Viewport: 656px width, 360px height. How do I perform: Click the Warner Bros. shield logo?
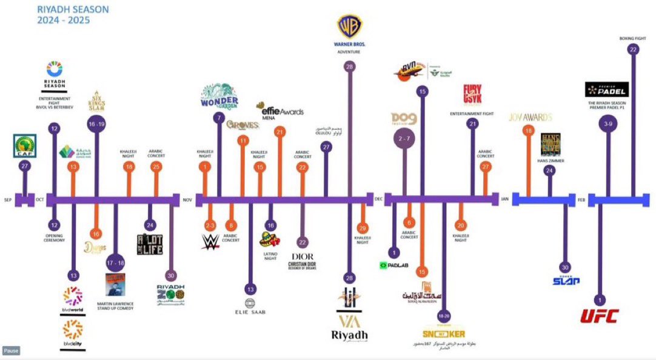pos(350,27)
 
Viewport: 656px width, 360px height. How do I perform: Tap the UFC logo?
pos(599,316)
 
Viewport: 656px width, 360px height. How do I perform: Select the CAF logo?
pos(25,146)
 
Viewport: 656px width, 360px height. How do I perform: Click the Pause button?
pos(11,350)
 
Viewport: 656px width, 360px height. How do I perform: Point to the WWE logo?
pos(210,242)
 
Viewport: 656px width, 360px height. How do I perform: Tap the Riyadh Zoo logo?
pos(172,295)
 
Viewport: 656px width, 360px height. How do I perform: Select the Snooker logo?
pos(444,334)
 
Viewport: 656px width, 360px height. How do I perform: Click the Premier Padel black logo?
pos(606,90)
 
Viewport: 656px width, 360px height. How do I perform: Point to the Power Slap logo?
pos(566,281)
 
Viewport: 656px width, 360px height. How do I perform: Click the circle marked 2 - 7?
pos(404,139)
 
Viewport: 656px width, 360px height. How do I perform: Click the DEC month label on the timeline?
pos(379,199)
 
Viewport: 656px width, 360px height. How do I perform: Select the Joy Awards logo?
pos(530,117)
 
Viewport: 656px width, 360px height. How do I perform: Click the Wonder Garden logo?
pos(219,96)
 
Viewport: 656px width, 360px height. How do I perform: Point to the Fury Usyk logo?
pos(472,96)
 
